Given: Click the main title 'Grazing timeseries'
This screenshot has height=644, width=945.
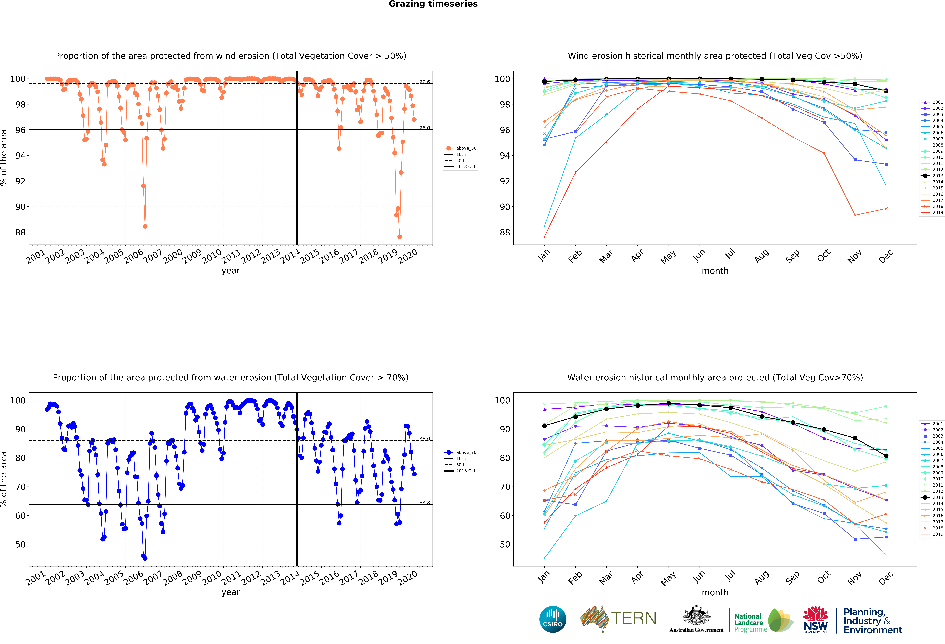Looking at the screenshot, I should tap(433, 4).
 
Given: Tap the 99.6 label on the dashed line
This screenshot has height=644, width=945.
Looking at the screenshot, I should tap(425, 82).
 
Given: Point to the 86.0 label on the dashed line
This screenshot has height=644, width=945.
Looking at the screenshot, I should tap(425, 439).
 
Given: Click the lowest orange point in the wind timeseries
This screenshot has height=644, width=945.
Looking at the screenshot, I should tap(400, 237).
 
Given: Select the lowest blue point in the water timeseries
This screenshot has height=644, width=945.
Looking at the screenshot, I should tap(145, 558).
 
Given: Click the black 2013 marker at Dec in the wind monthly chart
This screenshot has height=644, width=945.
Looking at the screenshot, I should tap(886, 91).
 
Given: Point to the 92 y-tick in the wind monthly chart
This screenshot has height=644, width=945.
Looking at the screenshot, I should tap(504, 181).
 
